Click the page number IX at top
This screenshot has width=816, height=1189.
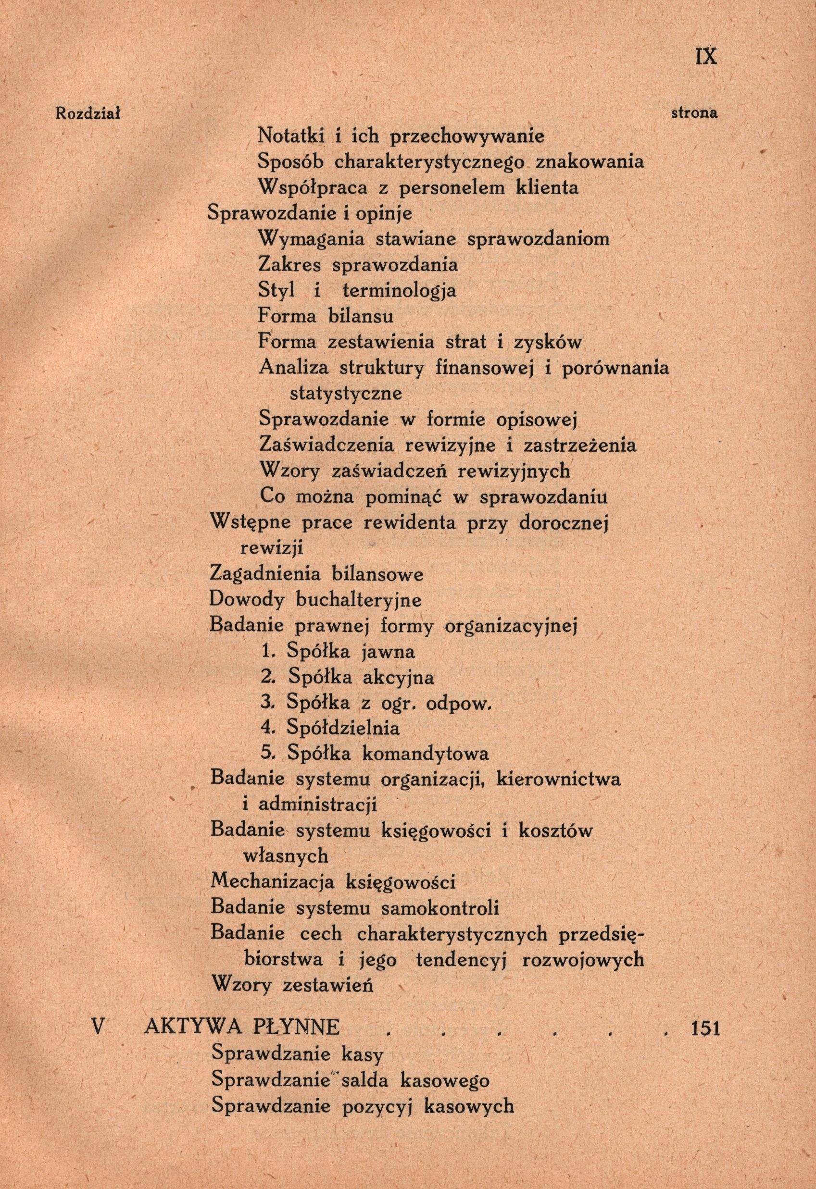706,56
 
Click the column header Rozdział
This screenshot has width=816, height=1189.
88,113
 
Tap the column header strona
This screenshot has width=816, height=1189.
694,113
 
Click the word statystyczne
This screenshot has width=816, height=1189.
346,394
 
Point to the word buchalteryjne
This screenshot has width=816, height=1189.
358,600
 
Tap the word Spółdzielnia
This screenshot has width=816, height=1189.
343,729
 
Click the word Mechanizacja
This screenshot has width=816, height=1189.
272,882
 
